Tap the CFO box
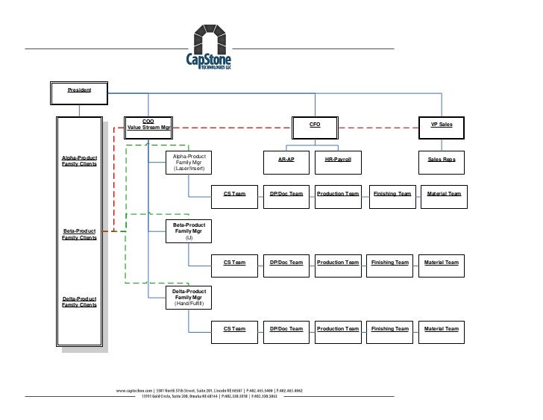click(x=316, y=127)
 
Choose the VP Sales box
click(x=442, y=127)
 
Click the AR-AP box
click(x=285, y=160)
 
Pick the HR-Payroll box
click(x=338, y=160)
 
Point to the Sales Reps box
click(x=442, y=160)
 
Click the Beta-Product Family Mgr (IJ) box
click(x=188, y=231)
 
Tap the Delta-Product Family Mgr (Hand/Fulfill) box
click(x=188, y=298)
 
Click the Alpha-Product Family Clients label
click(x=79, y=160)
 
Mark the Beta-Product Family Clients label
click(x=79, y=235)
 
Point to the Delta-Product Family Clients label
click(x=79, y=301)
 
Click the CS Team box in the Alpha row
click(x=234, y=194)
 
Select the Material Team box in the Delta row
click(x=442, y=329)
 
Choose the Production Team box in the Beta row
click(x=338, y=263)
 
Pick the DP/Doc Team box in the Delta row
click(x=286, y=329)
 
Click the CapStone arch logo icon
click(x=210, y=37)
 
